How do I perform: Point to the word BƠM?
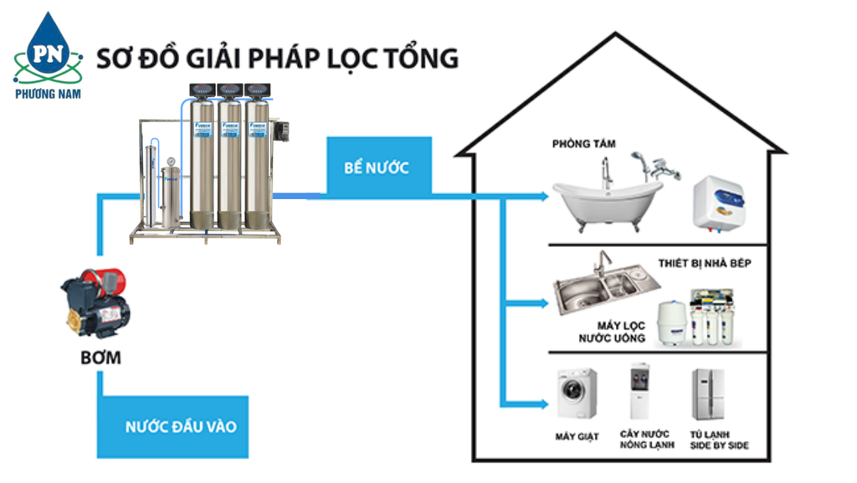click(x=101, y=358)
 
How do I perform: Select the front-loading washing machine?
click(x=577, y=394)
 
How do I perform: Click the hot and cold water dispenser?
click(x=641, y=392)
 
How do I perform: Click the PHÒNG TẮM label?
click(x=583, y=144)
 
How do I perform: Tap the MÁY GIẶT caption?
click(x=577, y=436)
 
